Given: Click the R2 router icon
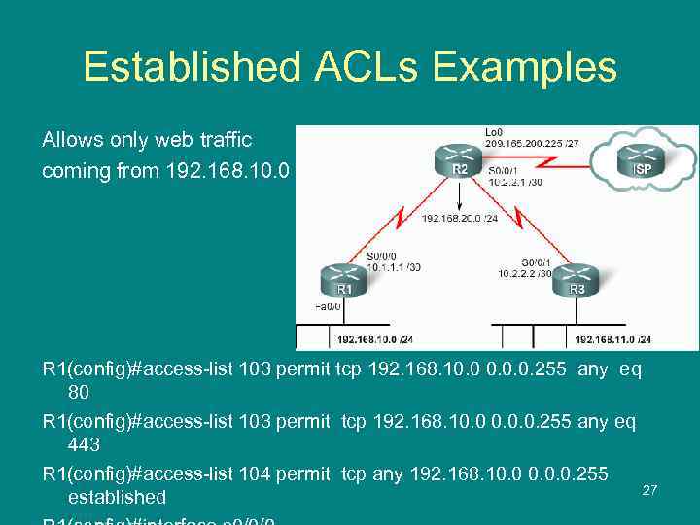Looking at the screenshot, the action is [x=458, y=161].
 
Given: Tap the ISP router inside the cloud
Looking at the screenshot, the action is [x=643, y=161].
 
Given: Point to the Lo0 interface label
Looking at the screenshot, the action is [x=493, y=131].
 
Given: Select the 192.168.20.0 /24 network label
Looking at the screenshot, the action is [x=460, y=219].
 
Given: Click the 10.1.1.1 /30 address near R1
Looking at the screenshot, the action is [x=394, y=266].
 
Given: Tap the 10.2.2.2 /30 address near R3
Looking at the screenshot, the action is [x=525, y=273].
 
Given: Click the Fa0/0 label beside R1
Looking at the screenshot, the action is [x=327, y=305].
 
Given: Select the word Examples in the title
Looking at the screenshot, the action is [x=524, y=67].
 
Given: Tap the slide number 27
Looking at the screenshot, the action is [x=649, y=490].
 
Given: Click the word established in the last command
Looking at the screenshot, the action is [x=117, y=497].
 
